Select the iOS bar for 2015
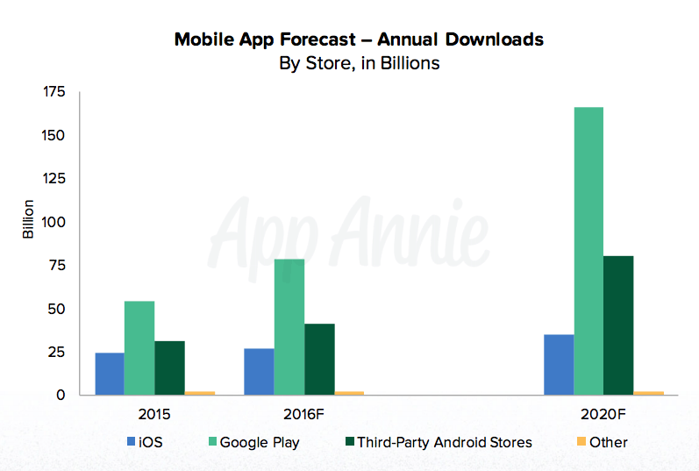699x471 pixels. (x=110, y=374)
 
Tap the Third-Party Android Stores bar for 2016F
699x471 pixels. (x=319, y=360)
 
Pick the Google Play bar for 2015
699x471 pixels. (x=139, y=348)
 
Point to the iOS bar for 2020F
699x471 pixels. (x=559, y=365)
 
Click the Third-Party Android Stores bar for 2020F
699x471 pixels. (x=618, y=325)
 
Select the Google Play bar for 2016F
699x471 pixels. (x=289, y=327)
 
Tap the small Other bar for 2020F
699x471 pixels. (x=648, y=393)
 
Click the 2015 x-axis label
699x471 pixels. (x=153, y=413)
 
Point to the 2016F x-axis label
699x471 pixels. (x=303, y=413)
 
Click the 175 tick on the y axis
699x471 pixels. (x=55, y=92)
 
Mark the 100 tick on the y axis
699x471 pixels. (x=55, y=222)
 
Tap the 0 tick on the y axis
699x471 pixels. (x=61, y=396)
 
